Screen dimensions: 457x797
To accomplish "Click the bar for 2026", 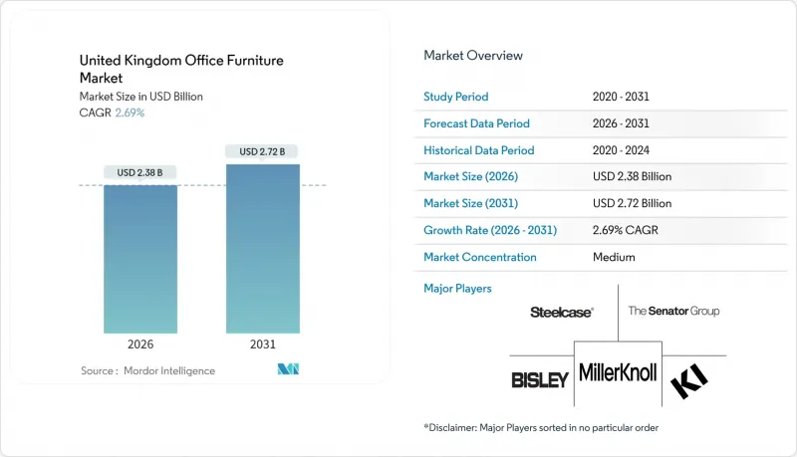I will point(140,259).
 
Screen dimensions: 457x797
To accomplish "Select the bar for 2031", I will point(263,249).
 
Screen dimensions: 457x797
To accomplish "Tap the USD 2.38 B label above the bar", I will point(140,172).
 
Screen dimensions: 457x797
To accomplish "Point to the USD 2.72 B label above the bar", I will point(263,151).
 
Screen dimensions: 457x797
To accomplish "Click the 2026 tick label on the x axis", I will point(140,345).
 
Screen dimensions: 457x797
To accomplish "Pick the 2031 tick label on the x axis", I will point(263,345).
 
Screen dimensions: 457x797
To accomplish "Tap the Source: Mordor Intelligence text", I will point(147,370).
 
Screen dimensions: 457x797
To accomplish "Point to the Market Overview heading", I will point(472,56).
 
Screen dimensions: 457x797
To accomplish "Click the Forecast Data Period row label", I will point(476,123).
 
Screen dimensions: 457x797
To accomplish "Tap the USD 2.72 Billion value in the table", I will point(632,203).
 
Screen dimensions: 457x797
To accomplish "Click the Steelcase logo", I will point(562,312).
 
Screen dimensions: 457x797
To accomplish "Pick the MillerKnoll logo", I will point(617,374).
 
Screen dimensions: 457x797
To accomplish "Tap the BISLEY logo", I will point(540,379).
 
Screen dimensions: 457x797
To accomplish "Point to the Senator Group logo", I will point(673,312).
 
